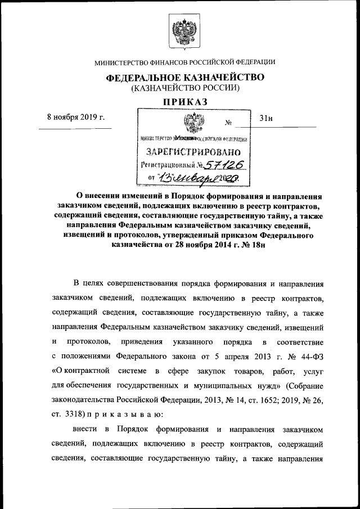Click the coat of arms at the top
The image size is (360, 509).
(x=181, y=30)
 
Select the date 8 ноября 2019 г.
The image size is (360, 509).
(x=76, y=118)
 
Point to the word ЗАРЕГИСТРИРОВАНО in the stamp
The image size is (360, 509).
(x=193, y=152)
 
